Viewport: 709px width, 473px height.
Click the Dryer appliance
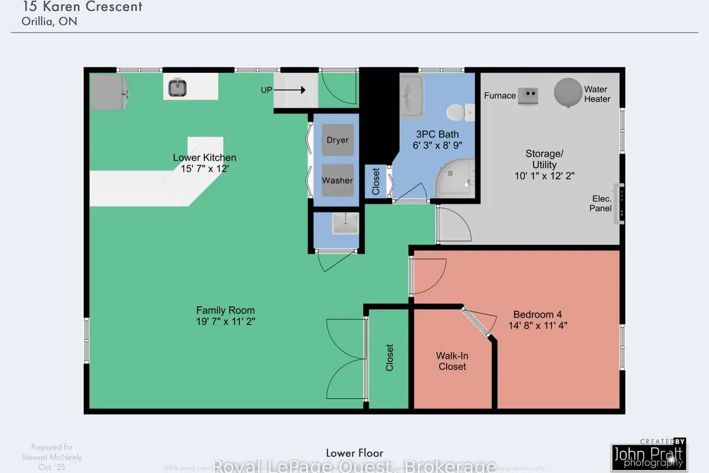click(337, 140)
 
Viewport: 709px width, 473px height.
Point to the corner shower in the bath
click(454, 178)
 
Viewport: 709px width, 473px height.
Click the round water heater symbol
click(568, 93)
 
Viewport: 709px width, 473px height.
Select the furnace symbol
click(527, 95)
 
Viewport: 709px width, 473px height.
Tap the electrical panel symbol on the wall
click(618, 204)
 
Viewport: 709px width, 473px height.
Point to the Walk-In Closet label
click(451, 361)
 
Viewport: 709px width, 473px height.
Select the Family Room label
click(226, 310)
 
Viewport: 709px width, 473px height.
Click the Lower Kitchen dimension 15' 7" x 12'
click(204, 168)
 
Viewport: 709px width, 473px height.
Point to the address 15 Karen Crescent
click(82, 8)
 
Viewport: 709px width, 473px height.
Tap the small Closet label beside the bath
click(376, 182)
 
